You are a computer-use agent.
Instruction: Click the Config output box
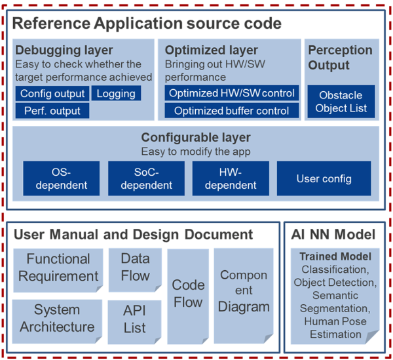pyautogui.click(x=52, y=93)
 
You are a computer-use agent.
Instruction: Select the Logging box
pyautogui.click(x=116, y=93)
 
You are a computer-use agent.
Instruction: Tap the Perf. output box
pyautogui.click(x=52, y=111)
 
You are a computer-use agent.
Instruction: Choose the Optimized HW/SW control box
pyautogui.click(x=232, y=93)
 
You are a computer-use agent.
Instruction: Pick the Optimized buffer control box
pyautogui.click(x=232, y=111)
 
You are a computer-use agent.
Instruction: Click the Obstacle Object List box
pyautogui.click(x=341, y=102)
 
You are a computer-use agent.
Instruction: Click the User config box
pyautogui.click(x=324, y=178)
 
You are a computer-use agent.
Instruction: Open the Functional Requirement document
pyautogui.click(x=58, y=268)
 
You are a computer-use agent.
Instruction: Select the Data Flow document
pyautogui.click(x=135, y=268)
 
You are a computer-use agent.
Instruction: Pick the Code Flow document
pyautogui.click(x=188, y=292)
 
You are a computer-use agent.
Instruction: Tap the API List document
pyautogui.click(x=135, y=319)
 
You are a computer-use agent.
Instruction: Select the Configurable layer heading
pyautogui.click(x=195, y=138)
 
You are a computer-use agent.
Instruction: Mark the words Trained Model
pyautogui.click(x=335, y=256)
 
